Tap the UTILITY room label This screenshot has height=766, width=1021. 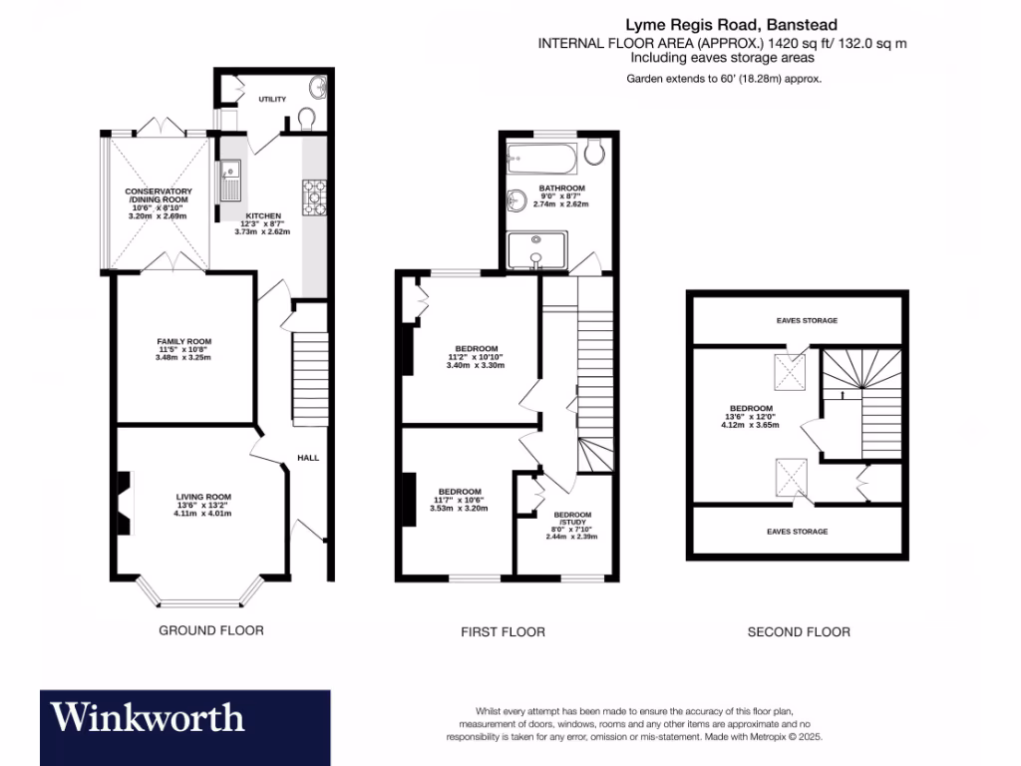pyautogui.click(x=272, y=100)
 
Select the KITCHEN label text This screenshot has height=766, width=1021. pyautogui.click(x=264, y=215)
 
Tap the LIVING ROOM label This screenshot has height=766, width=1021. pyautogui.click(x=203, y=497)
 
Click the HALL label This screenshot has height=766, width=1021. pyautogui.click(x=308, y=458)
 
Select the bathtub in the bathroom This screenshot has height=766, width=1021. pyautogui.click(x=542, y=157)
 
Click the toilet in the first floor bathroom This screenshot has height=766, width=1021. pyautogui.click(x=594, y=152)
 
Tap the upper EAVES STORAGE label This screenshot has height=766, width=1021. pyautogui.click(x=807, y=321)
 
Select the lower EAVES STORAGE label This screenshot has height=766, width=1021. pyautogui.click(x=797, y=532)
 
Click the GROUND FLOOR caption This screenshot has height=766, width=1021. pyautogui.click(x=211, y=630)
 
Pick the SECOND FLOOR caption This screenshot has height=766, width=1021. pyautogui.click(x=799, y=631)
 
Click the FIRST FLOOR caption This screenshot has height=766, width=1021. pyautogui.click(x=503, y=631)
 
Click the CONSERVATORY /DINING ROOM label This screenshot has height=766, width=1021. pyautogui.click(x=159, y=195)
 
